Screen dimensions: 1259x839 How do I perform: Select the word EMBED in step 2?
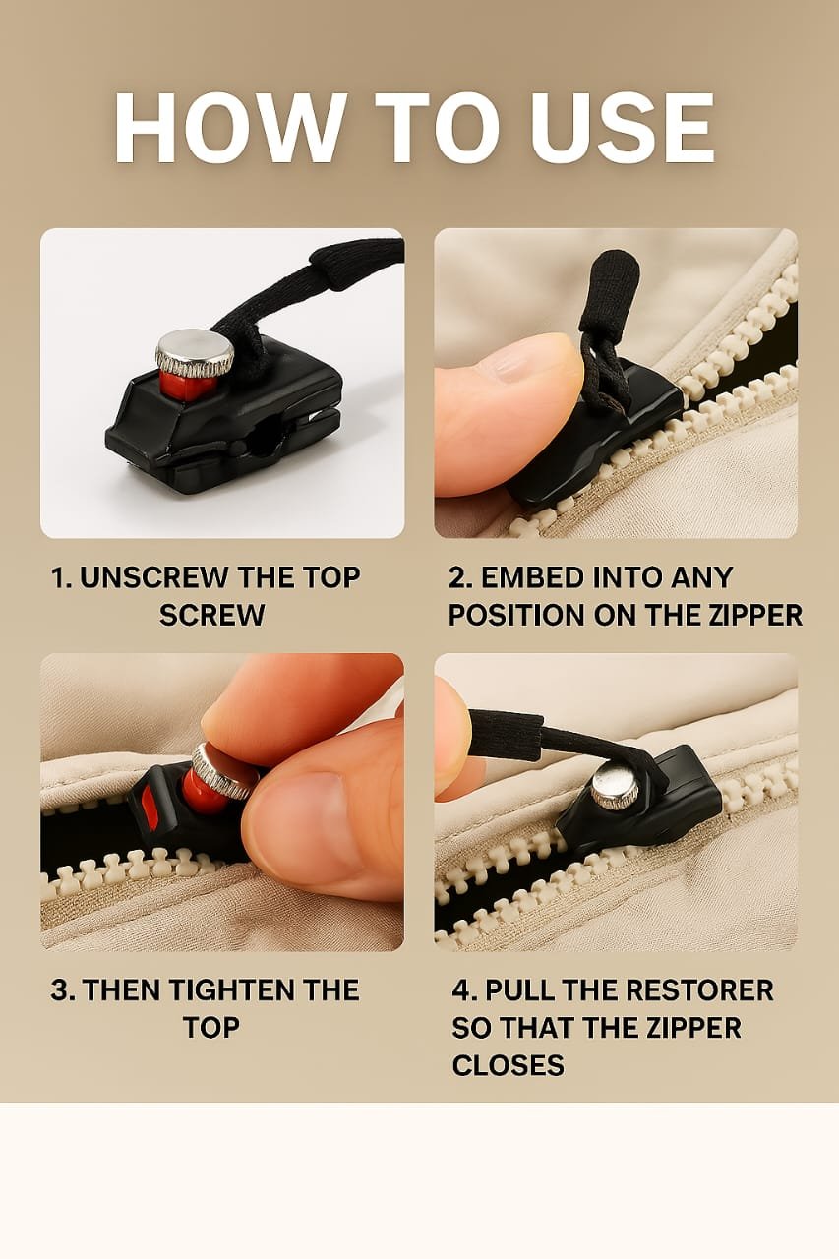tap(530, 578)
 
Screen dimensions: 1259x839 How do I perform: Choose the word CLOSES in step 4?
tap(508, 1065)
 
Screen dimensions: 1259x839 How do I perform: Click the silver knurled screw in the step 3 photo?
tap(224, 770)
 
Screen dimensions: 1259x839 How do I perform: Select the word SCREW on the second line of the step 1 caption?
tap(211, 616)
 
